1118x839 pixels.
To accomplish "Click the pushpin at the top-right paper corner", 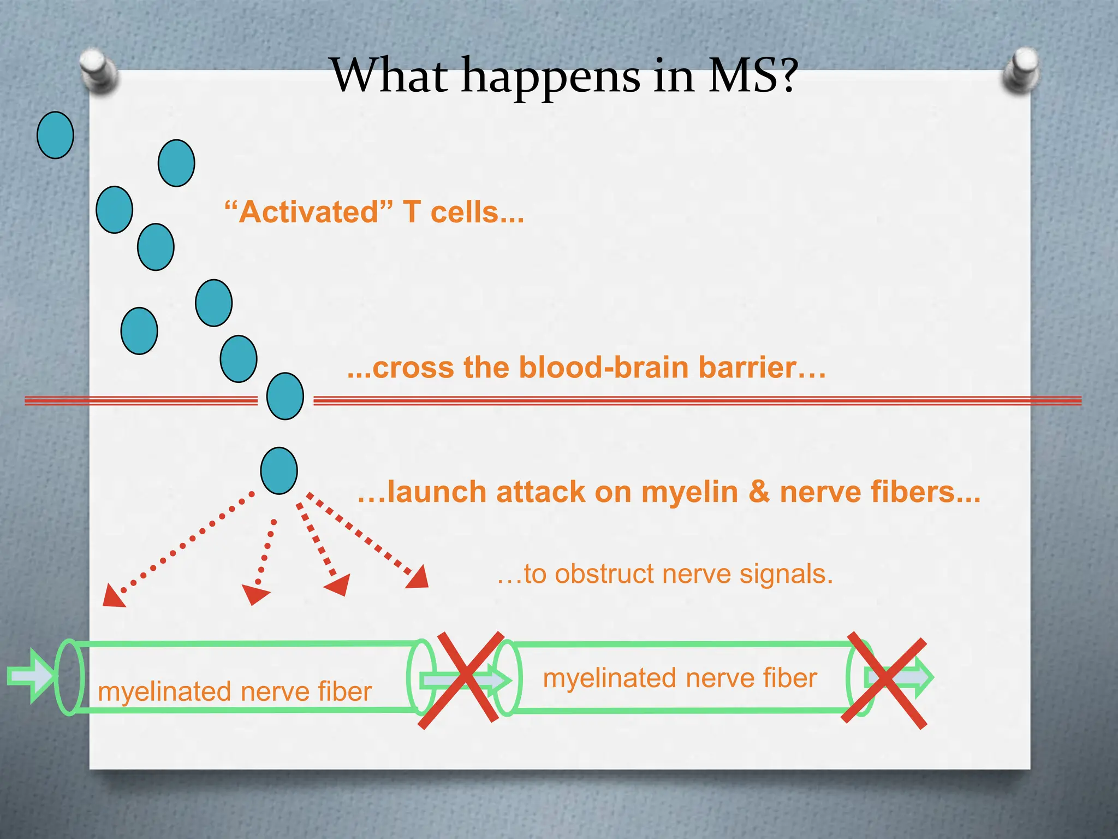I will pyautogui.click(x=1021, y=70).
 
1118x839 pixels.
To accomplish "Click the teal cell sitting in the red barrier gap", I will pyautogui.click(x=285, y=396).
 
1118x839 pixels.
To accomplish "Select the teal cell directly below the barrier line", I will pyautogui.click(x=279, y=471).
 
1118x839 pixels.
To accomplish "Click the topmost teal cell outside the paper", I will pyautogui.click(x=55, y=135).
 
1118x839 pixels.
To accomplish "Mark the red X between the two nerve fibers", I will pyautogui.click(x=461, y=680).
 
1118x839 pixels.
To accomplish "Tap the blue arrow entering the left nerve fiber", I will pyautogui.click(x=30, y=676).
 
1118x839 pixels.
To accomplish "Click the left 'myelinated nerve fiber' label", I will pyautogui.click(x=235, y=692).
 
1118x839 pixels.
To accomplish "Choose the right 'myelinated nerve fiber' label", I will pyautogui.click(x=680, y=678).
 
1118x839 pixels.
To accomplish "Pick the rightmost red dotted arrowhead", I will pyautogui.click(x=419, y=578).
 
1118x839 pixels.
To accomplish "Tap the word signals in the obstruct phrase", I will pyautogui.click(x=786, y=574).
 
